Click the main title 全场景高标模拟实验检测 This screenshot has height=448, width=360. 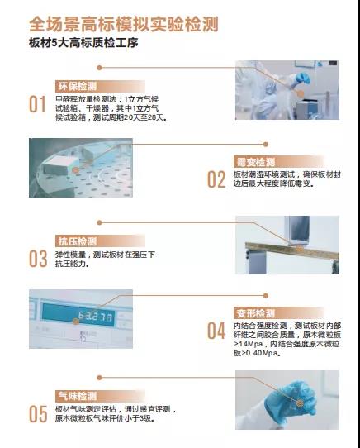click(x=124, y=24)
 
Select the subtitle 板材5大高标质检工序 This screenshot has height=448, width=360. click(x=83, y=43)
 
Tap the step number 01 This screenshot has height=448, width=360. click(x=37, y=104)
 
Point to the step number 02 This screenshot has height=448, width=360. click(x=216, y=179)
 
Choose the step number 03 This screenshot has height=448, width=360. click(x=38, y=259)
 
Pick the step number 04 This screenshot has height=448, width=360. click(x=216, y=331)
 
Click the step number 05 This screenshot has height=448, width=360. click(x=38, y=414)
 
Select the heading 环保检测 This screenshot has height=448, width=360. click(x=78, y=86)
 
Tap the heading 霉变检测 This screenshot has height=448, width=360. click(x=255, y=162)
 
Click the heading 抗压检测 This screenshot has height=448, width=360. click(x=78, y=241)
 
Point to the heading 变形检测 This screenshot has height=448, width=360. click(x=255, y=313)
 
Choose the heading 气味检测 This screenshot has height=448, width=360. click(x=78, y=396)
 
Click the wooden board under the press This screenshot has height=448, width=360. click(x=292, y=250)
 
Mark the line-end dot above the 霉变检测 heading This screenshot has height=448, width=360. click(x=266, y=145)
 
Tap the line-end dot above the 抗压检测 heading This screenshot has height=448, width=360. click(x=99, y=222)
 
